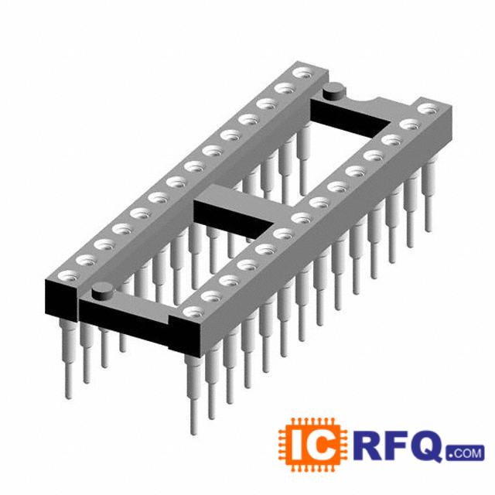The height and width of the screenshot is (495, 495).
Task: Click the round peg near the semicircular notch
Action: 334,91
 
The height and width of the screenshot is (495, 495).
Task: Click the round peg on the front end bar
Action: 102,292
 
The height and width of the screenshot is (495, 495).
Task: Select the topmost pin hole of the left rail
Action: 303,73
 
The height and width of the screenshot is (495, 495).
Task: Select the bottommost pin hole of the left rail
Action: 68,276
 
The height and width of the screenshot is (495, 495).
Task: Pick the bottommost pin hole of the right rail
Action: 193,312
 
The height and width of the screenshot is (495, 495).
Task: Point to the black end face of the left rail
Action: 61,301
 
